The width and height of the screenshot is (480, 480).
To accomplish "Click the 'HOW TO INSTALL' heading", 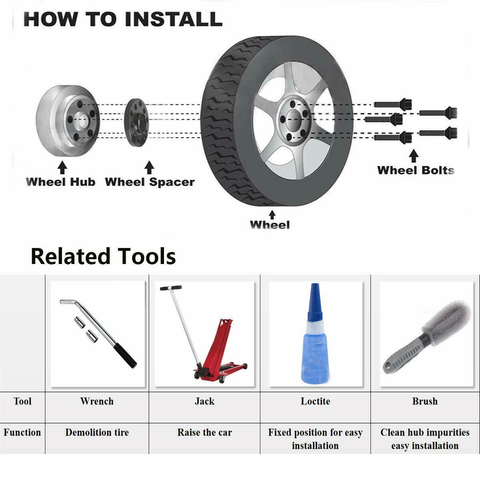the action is [x=123, y=19].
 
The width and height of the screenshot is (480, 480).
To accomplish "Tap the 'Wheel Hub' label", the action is [x=60, y=182].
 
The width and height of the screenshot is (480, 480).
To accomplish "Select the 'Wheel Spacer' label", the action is [x=150, y=182].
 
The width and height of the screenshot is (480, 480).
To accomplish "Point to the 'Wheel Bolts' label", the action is [x=416, y=170].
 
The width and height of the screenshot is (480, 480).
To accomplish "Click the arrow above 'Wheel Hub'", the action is [x=62, y=167].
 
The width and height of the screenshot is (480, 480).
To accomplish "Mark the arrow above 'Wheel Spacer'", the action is [x=149, y=167].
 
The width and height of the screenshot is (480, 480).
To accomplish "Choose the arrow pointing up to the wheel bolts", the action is [x=414, y=156].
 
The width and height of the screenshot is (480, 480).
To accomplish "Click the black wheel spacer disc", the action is [x=136, y=123].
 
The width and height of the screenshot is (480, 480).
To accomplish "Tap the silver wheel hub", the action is [x=68, y=121].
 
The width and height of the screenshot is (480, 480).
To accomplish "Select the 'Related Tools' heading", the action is [x=103, y=256].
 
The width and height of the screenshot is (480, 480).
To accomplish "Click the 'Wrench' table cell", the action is [x=97, y=401].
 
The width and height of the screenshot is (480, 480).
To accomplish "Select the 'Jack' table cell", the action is [x=204, y=401].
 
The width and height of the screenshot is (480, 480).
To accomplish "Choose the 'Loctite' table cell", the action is [x=315, y=401].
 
